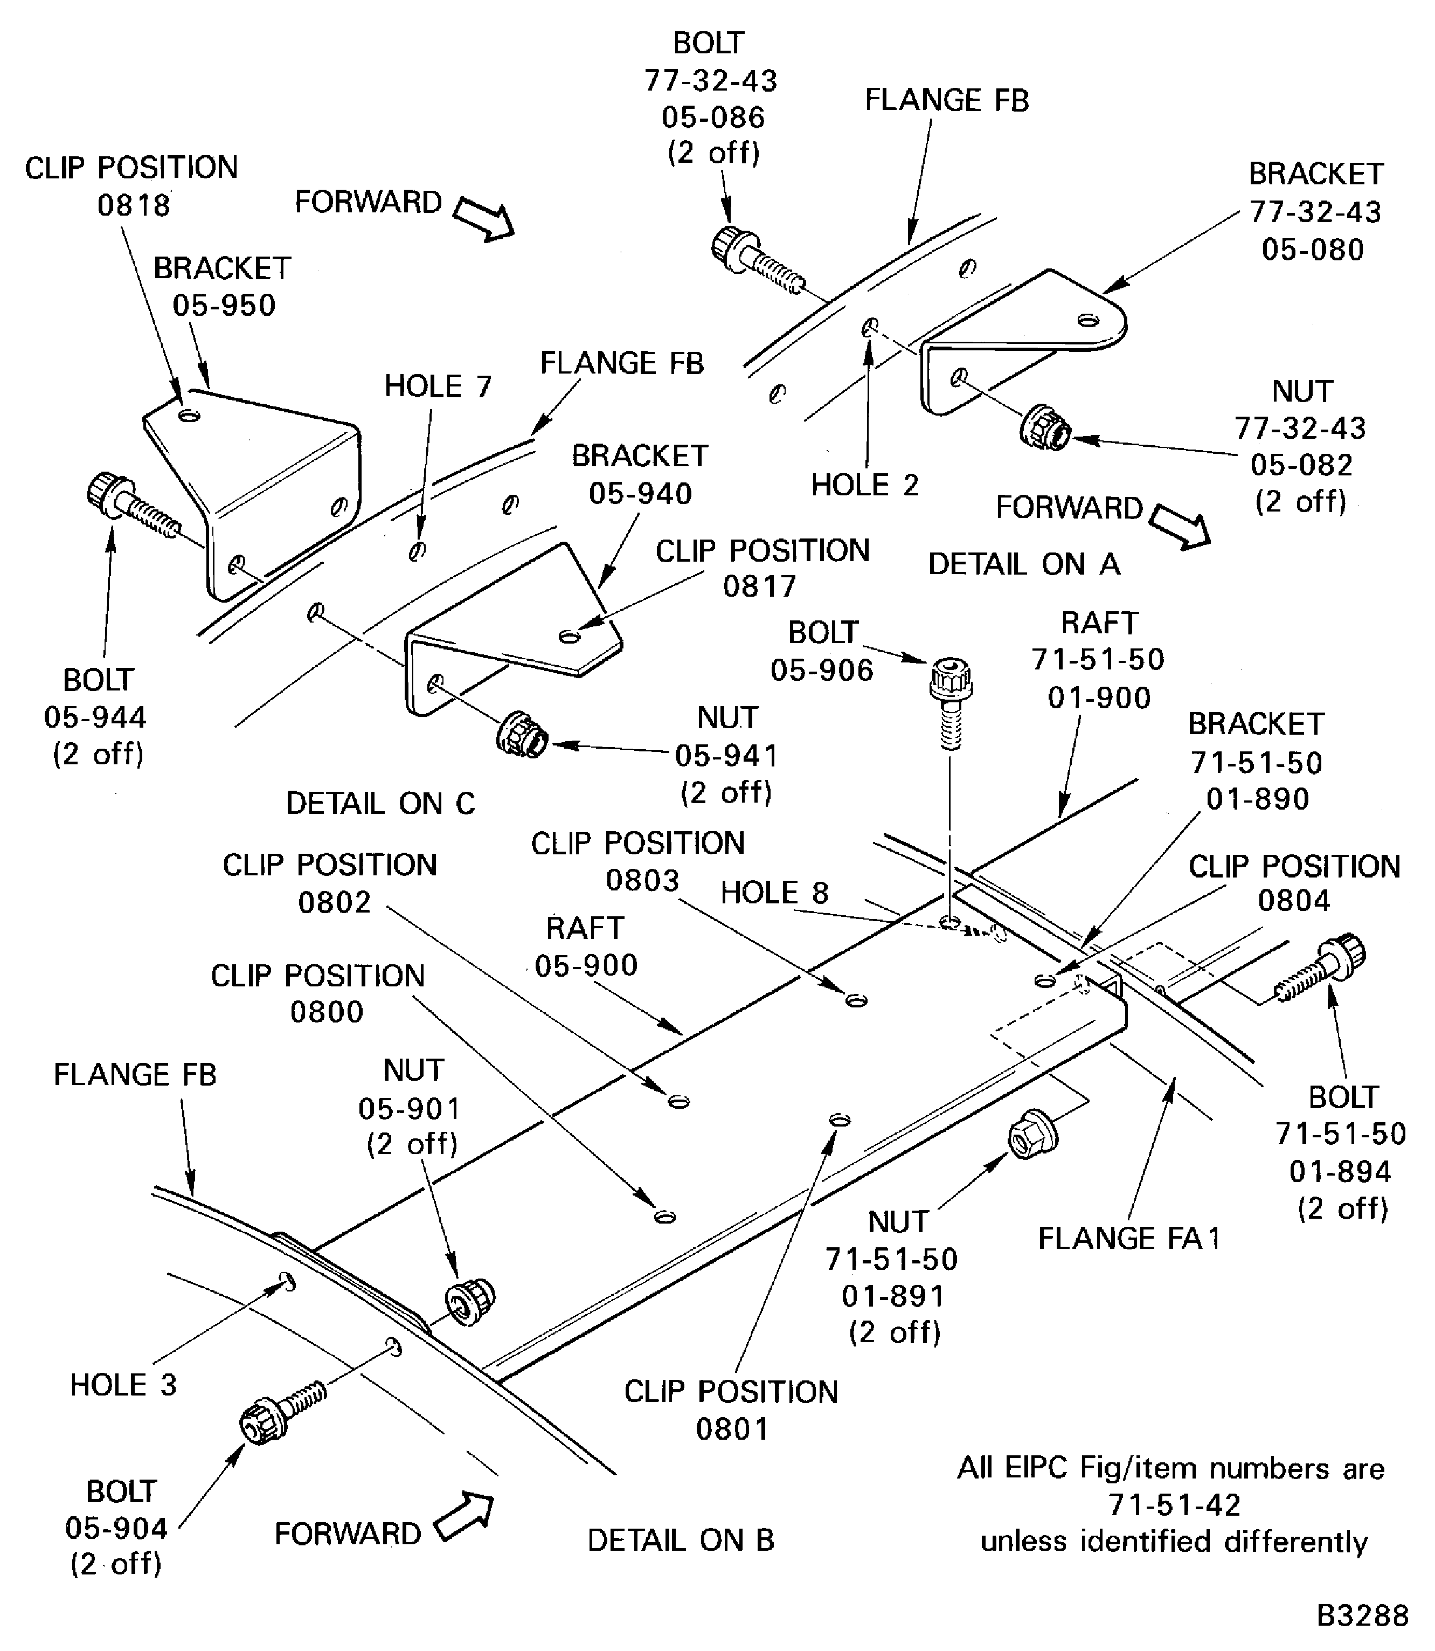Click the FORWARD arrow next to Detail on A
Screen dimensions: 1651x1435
click(1178, 527)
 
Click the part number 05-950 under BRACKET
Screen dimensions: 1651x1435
click(224, 305)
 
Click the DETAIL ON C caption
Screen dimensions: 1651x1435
click(380, 804)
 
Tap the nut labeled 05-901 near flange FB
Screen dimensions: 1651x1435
click(470, 1302)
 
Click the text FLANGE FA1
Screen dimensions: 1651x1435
click(1128, 1239)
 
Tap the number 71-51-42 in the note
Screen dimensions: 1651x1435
click(1174, 1505)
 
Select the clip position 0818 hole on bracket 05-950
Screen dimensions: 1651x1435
click(189, 415)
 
